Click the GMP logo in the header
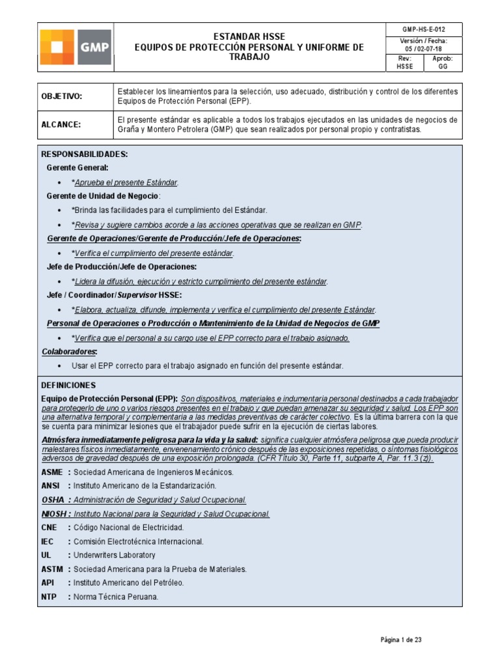(x=76, y=47)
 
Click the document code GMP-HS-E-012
(x=424, y=30)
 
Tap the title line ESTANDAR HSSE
(x=249, y=36)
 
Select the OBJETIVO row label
(x=62, y=96)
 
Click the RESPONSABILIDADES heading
(x=85, y=154)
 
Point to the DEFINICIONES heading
(x=68, y=386)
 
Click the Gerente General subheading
(x=77, y=168)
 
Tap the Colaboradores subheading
(x=69, y=352)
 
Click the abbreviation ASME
(x=52, y=472)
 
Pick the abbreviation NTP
(x=49, y=597)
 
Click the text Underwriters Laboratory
(x=115, y=555)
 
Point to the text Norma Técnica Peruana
(x=116, y=597)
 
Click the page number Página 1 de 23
(x=402, y=640)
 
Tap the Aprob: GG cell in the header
(x=443, y=63)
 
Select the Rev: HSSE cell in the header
(x=404, y=63)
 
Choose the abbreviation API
(x=48, y=583)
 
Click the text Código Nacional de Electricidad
(x=128, y=528)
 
